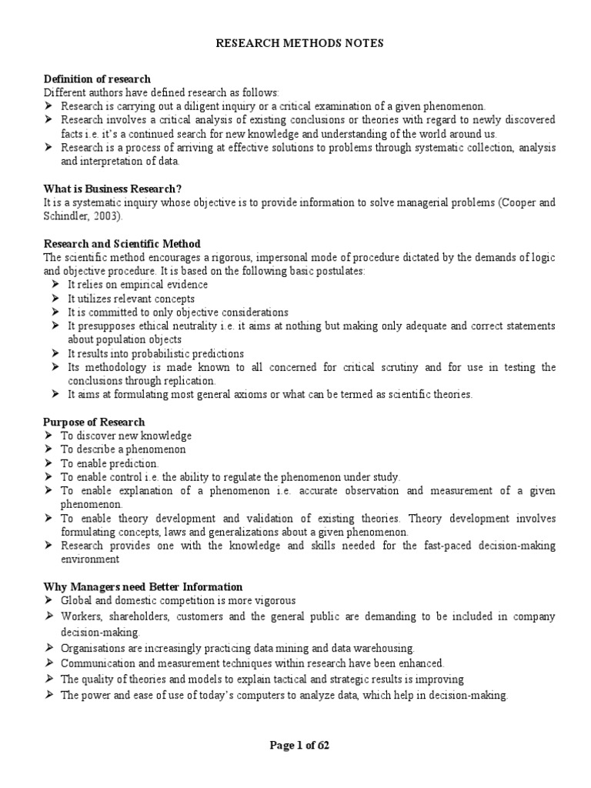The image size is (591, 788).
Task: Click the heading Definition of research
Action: coord(97,78)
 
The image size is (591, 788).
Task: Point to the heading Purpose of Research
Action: coord(94,422)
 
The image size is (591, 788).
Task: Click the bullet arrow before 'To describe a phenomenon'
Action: coord(48,449)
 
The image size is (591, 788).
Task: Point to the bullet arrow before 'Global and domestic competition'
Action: coord(48,600)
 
